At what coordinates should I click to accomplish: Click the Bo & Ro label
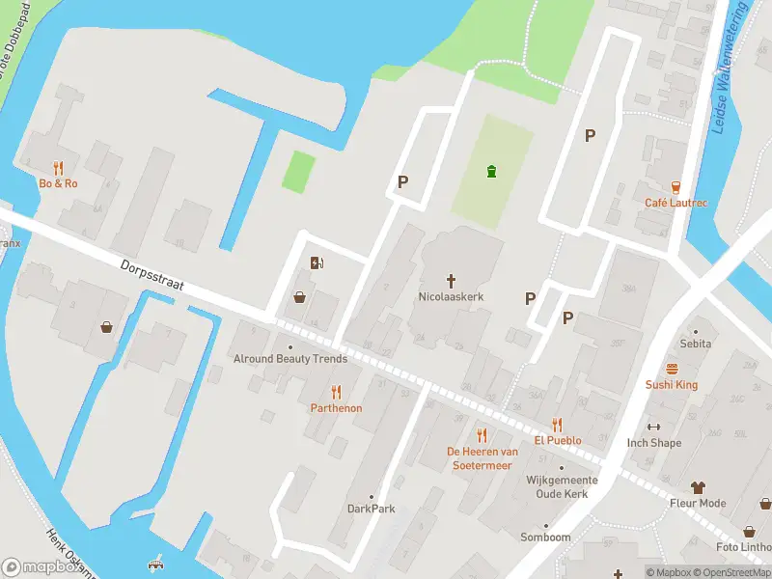tap(58, 183)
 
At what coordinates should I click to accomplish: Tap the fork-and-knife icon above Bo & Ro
tap(58, 167)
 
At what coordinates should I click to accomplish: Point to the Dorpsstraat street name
tap(152, 277)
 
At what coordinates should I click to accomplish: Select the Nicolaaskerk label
tap(451, 296)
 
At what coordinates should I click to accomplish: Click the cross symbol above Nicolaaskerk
tap(451, 280)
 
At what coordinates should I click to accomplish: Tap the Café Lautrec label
tap(675, 203)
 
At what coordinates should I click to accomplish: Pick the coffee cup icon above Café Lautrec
tap(675, 186)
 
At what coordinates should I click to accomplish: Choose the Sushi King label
tap(672, 385)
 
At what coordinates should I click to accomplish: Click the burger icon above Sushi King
tap(672, 369)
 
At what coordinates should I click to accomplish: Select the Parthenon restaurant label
tap(336, 408)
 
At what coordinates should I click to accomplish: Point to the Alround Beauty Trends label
tap(290, 359)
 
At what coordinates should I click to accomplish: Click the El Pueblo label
tap(558, 440)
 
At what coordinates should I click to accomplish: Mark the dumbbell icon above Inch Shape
tap(654, 427)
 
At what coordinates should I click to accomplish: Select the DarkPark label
tap(372, 509)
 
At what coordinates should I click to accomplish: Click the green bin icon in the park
tap(492, 172)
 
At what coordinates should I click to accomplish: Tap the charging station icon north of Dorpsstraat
tap(316, 262)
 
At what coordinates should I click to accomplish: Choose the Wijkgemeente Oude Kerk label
tap(562, 486)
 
